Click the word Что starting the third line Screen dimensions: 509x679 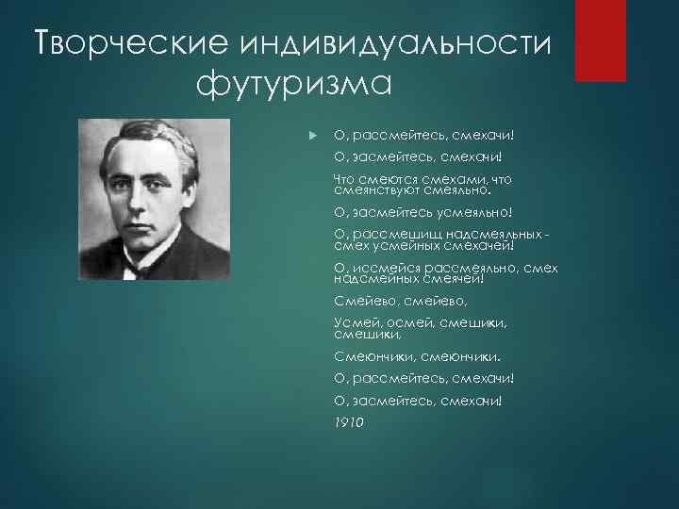(347, 177)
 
